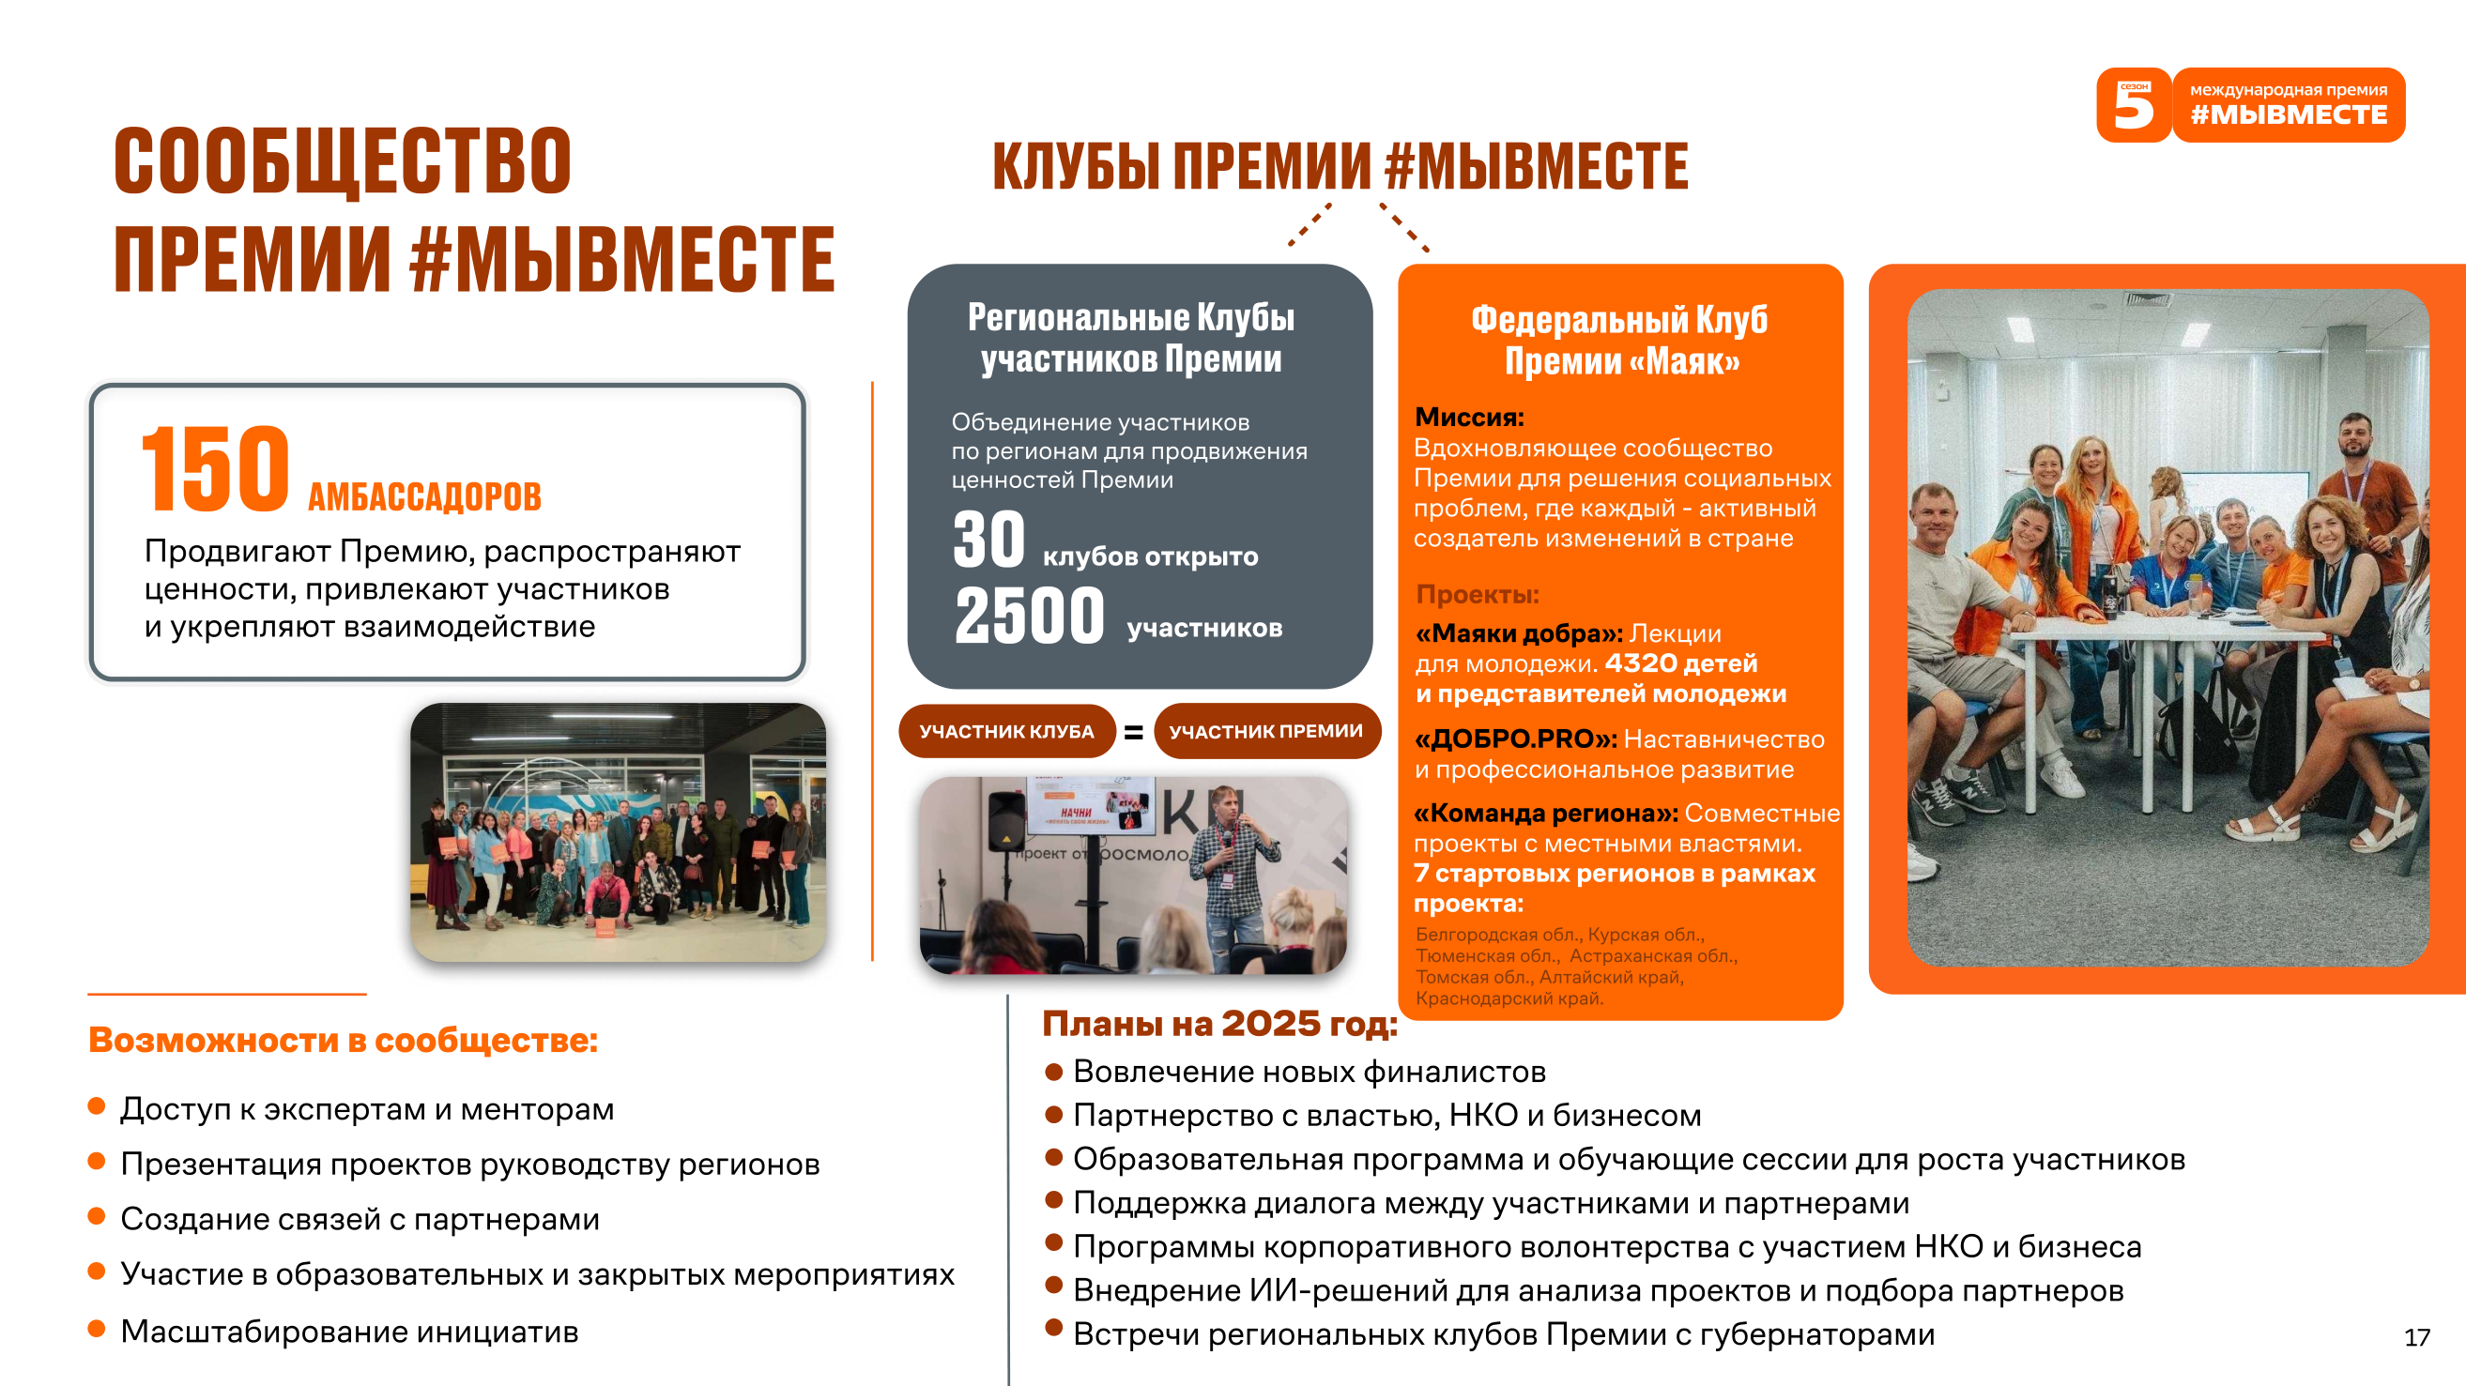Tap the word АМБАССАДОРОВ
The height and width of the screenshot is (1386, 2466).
[x=425, y=496]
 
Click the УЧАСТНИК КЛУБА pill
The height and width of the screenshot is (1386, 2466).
[x=1007, y=731]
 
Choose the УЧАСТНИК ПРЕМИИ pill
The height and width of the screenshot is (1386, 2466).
[x=1266, y=731]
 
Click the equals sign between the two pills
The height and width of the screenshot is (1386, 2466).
[x=1133, y=732]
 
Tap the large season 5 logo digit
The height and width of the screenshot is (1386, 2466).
[x=2134, y=106]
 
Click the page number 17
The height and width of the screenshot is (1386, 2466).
[x=2417, y=1337]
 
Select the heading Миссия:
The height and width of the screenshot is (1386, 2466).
[x=1469, y=418]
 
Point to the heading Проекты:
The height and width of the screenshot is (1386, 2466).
[x=1478, y=594]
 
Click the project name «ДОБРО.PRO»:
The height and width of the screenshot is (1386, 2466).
[x=1515, y=739]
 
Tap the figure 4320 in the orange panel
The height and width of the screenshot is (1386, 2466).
[x=1641, y=663]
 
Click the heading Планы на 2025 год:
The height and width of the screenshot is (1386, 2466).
[x=1219, y=1024]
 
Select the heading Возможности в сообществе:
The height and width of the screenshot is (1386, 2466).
[x=343, y=1041]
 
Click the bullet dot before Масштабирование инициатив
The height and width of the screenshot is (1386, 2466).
[x=96, y=1329]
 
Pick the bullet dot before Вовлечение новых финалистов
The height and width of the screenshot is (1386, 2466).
[x=1054, y=1071]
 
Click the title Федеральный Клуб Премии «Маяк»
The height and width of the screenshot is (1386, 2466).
[x=1619, y=341]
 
